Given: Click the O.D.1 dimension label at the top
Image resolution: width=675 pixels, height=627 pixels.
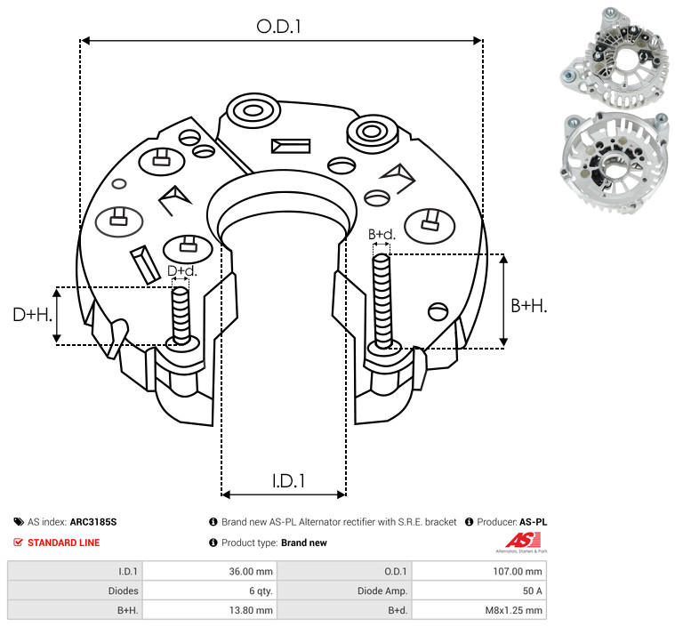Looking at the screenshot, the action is click(278, 27).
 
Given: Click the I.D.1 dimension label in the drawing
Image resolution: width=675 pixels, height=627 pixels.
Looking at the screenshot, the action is click(288, 481).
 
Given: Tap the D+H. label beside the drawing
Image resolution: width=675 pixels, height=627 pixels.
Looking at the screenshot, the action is click(33, 315).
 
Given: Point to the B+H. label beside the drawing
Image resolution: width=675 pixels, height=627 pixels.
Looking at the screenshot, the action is click(528, 306).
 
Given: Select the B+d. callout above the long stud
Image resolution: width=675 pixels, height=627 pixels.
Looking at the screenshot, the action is click(382, 234).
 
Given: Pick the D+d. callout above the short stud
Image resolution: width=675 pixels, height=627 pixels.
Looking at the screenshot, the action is click(182, 271).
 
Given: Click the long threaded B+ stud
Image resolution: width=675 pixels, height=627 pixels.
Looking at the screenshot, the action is click(382, 301).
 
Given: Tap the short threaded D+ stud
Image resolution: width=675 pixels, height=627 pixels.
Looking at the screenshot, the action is click(181, 316).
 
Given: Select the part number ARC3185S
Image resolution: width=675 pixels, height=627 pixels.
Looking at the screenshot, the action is click(93, 522).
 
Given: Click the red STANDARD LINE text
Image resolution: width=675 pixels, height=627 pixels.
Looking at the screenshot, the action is click(64, 543).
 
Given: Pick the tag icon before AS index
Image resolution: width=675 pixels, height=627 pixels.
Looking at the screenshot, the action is click(19, 522).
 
